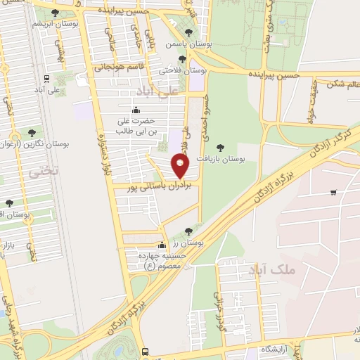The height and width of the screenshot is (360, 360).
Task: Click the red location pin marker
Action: [181, 166]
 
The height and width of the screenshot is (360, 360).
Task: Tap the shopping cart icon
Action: [332, 192]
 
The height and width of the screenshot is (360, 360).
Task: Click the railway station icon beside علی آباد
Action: [46, 79]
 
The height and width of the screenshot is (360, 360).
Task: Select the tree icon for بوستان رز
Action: [187, 231]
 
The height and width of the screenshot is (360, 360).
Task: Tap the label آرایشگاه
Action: [276, 349]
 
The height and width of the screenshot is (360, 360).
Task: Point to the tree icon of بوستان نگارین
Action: [31, 131]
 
